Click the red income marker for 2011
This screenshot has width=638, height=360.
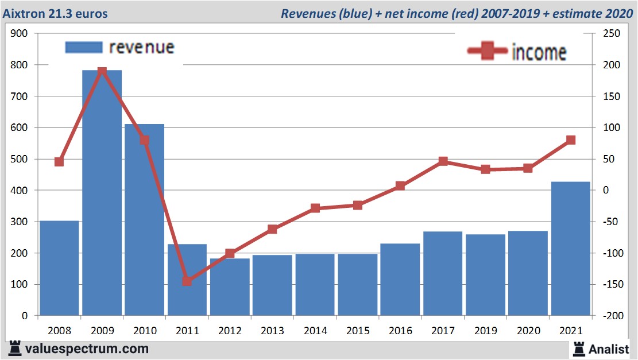[187, 281]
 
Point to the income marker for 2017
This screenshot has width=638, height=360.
[443, 161]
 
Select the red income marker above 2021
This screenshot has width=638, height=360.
[571, 140]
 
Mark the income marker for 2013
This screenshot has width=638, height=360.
[272, 229]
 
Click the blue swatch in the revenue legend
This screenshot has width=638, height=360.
[83, 47]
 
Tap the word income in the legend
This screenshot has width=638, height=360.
[539, 52]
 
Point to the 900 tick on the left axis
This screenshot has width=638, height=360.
[20, 34]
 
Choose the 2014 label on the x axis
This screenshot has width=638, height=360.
[315, 331]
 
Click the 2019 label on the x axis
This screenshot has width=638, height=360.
[485, 331]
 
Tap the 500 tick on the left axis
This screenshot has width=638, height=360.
[20, 159]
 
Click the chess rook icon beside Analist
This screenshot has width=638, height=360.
[578, 348]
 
